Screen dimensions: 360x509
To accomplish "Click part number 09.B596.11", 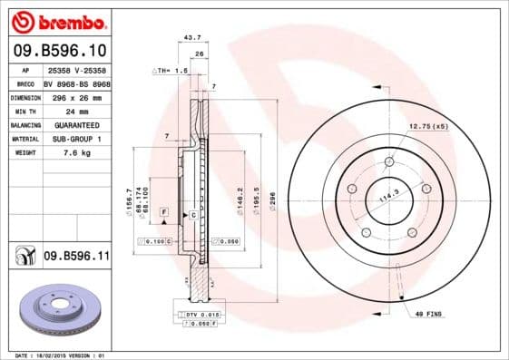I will (x=75, y=258).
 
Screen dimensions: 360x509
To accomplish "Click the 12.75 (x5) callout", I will (x=427, y=125).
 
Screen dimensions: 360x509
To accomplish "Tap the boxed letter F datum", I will (x=164, y=210).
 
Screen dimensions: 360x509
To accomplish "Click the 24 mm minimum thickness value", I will (x=55, y=111).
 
